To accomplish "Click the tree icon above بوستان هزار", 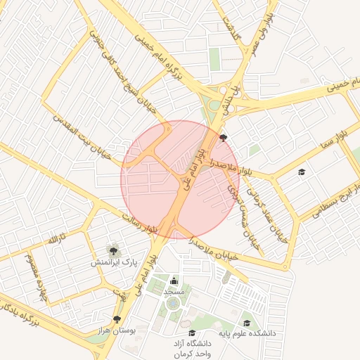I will (x=117, y=319).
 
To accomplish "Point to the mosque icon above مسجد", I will (x=174, y=281).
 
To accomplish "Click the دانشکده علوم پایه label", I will (x=246, y=333).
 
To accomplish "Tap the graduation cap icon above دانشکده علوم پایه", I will (x=246, y=323).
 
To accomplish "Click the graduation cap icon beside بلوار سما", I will (x=302, y=172).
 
